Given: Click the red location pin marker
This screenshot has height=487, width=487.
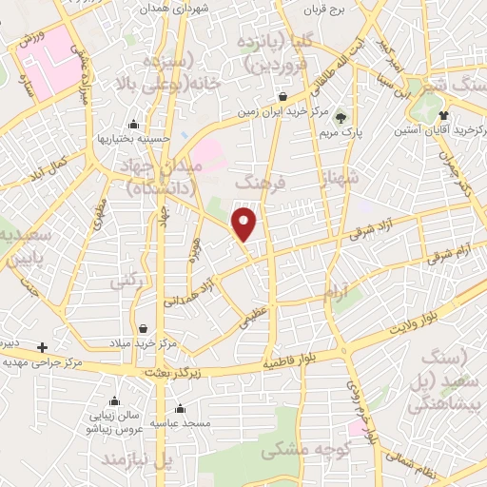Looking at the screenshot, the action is point(245,224).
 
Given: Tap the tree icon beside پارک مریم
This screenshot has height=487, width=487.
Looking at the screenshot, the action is point(340,118).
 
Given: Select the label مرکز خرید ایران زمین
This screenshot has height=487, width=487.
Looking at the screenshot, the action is point(282,111).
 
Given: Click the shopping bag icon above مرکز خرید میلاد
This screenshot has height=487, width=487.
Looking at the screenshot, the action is point(142,328).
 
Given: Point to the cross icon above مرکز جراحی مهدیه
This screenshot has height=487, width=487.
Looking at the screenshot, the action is point(42,347).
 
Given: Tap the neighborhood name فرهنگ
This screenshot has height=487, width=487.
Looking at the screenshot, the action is point(259,180).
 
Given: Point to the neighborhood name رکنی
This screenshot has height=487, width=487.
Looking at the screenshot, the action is point(126,282).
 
